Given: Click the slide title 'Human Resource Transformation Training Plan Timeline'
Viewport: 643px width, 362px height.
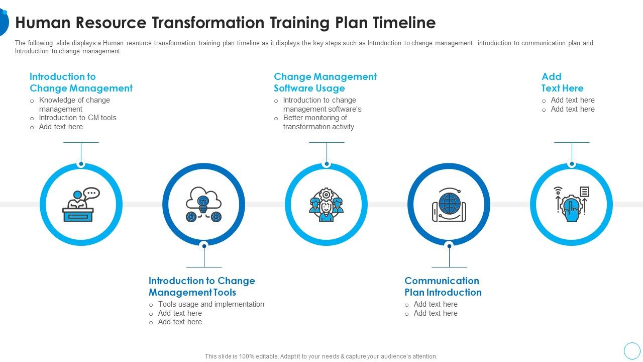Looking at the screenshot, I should [x=225, y=23].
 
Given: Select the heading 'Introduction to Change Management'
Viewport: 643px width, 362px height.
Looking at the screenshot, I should [x=81, y=82].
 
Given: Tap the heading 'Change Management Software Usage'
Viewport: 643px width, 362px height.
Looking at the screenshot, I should [x=325, y=82].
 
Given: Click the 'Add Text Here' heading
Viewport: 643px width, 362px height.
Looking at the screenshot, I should [x=562, y=82].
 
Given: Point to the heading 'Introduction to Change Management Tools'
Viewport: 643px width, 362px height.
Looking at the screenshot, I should [x=201, y=287].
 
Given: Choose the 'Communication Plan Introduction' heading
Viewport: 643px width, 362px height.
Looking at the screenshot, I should [x=443, y=287].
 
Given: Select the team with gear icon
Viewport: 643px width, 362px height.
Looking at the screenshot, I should [x=326, y=205].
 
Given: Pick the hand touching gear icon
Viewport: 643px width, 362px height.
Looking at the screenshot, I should [x=571, y=205].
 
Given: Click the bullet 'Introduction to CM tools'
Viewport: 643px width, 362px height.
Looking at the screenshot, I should [x=77, y=118].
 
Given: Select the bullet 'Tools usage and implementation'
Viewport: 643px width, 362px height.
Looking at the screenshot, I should [x=211, y=304].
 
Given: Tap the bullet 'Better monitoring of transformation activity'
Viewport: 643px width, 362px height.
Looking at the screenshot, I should [x=318, y=122].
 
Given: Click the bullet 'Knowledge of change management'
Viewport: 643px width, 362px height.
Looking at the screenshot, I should [x=74, y=105].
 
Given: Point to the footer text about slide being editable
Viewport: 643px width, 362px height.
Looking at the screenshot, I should [x=321, y=356].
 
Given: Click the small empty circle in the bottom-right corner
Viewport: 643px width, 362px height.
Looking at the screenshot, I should [x=632, y=350].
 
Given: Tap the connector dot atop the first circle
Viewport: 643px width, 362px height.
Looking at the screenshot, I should [x=81, y=164].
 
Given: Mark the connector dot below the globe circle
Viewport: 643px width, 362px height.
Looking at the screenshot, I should [x=449, y=245].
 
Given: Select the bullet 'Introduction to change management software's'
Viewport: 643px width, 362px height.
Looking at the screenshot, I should [x=321, y=105].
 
